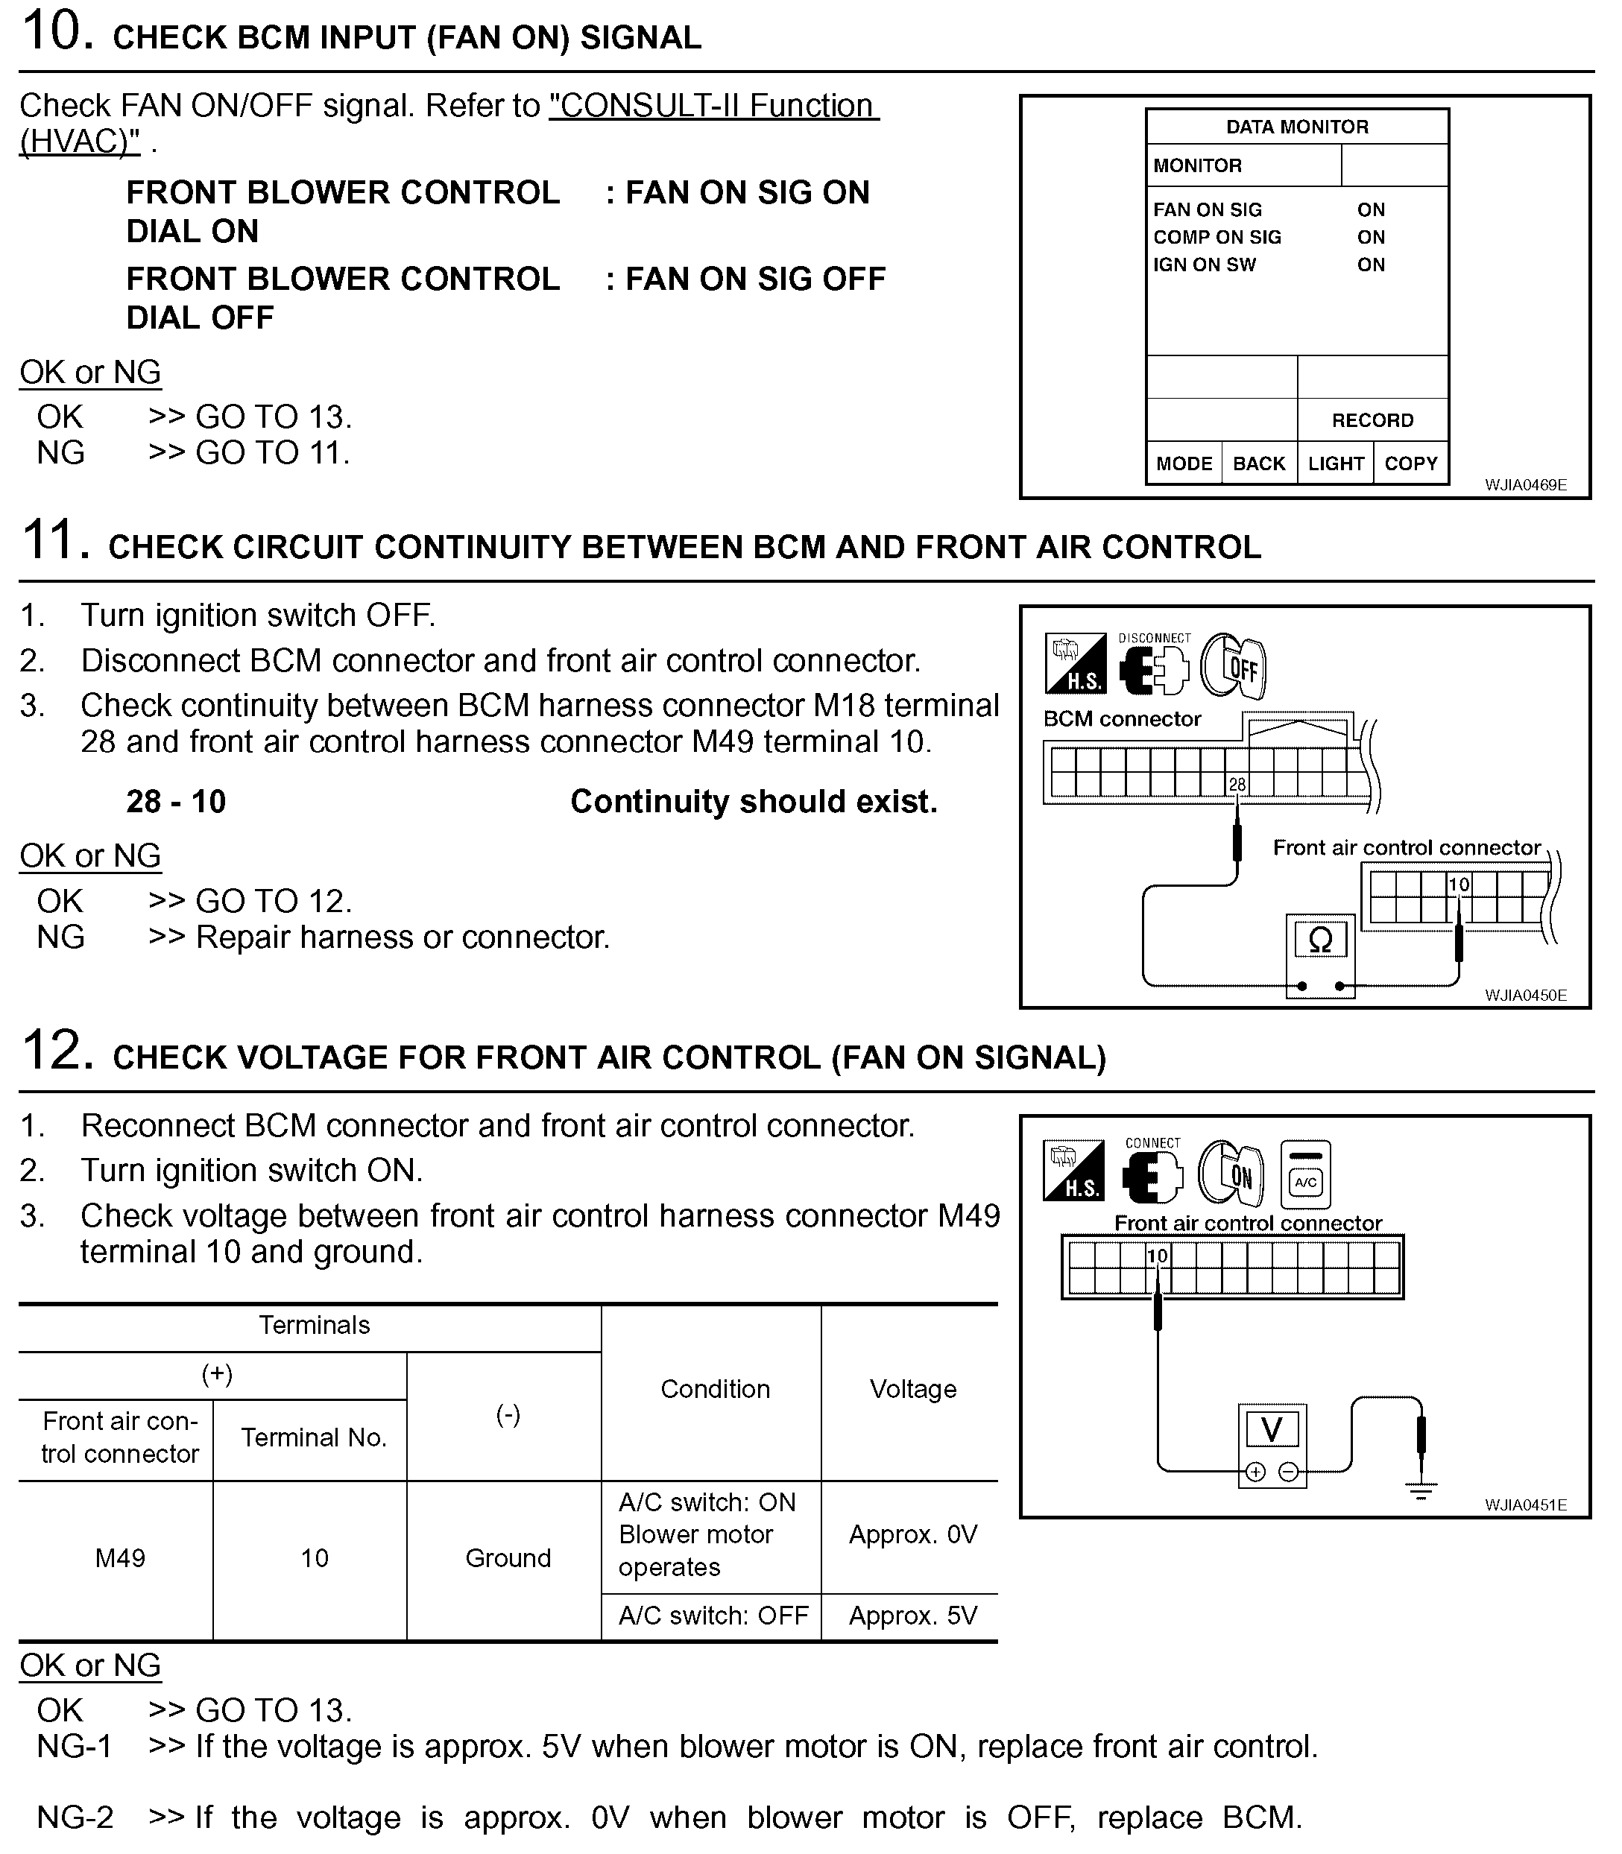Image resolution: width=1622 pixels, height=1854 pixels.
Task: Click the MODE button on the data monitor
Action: pos(1183,464)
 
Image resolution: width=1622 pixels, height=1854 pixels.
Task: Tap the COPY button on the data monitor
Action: pos(1410,464)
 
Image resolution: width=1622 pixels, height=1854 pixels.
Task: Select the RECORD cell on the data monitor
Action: pos(1372,420)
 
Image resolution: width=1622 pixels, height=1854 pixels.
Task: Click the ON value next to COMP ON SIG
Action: pos(1370,237)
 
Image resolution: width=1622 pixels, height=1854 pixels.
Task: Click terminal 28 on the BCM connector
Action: pos(1237,785)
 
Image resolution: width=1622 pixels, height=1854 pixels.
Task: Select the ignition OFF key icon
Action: pos(1233,666)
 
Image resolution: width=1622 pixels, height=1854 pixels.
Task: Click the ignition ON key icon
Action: pos(1230,1174)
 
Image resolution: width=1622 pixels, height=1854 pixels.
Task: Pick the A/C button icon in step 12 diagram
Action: pos(1305,1174)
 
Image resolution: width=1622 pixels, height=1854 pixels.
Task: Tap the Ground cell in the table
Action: pos(508,1557)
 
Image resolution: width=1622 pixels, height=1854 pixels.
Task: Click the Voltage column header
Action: pos(912,1389)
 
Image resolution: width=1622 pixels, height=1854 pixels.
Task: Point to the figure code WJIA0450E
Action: pos(1525,996)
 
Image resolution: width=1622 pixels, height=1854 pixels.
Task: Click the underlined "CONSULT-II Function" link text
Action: pos(714,106)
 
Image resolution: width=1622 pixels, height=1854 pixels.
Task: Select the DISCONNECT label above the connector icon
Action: pos(1154,638)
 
